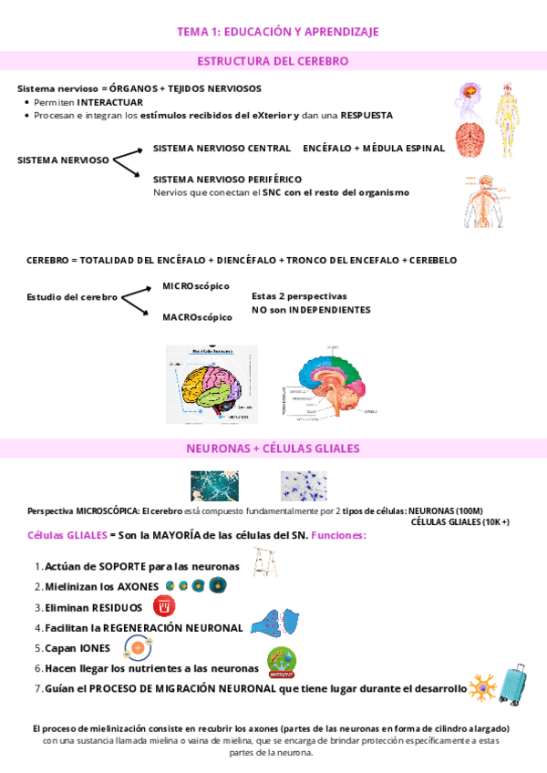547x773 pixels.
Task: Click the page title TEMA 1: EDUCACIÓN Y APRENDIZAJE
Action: [x=277, y=32]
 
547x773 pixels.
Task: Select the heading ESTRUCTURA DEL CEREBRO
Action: [x=273, y=61]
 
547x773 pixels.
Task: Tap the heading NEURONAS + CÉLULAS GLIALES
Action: [x=273, y=448]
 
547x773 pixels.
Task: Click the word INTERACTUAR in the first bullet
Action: [x=109, y=102]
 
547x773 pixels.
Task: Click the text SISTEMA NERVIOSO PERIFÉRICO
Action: [x=227, y=180]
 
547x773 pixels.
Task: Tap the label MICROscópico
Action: [x=195, y=286]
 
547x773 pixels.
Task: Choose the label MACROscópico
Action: [x=197, y=317]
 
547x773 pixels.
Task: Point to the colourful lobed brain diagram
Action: [x=212, y=383]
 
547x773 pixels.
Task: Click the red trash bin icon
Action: [x=164, y=605]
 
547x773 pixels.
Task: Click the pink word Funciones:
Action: [x=338, y=535]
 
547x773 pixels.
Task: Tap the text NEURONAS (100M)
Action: [x=445, y=510]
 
